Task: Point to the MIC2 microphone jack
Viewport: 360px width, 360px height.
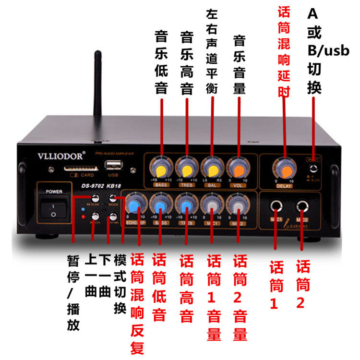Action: point(302,208)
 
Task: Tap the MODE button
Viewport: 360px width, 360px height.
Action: point(114,198)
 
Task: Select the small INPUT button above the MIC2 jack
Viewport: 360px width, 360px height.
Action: point(313,168)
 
